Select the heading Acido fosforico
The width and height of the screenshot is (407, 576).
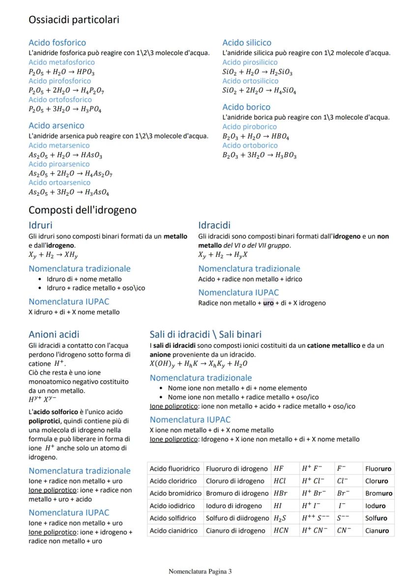57,43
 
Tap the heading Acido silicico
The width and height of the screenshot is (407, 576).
246,43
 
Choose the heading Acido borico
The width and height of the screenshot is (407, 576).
246,107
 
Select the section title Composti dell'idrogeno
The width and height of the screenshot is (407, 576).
83,210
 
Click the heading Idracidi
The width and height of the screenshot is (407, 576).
214,225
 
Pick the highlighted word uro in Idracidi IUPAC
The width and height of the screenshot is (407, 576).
268,303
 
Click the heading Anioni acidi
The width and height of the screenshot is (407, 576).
54,334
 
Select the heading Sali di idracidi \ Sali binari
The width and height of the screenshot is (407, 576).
205,334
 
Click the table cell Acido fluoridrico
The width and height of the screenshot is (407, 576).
174,468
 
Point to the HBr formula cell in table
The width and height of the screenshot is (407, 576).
280,493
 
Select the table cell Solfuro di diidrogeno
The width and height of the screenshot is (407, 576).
237,518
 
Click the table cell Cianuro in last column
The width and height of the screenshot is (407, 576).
378,531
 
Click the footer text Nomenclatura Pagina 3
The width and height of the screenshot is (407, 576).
200,571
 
